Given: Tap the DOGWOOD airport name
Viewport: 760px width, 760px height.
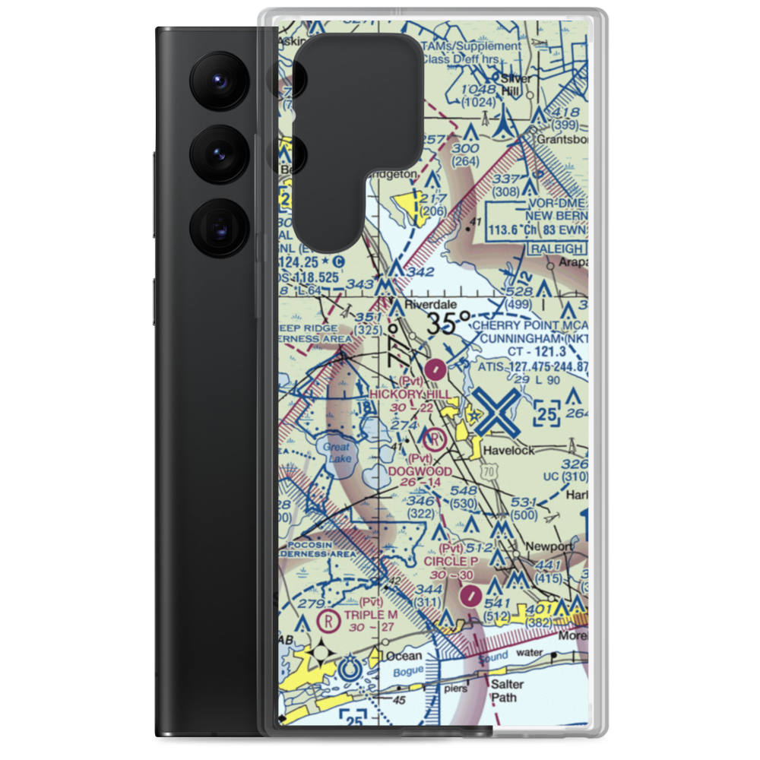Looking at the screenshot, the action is pyautogui.click(x=420, y=471).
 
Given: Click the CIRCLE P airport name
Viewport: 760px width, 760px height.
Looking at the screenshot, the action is pyautogui.click(x=451, y=561).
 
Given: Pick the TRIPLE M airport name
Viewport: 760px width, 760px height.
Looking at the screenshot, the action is pyautogui.click(x=370, y=615).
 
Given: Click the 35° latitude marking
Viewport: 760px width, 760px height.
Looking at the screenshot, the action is pyautogui.click(x=443, y=325).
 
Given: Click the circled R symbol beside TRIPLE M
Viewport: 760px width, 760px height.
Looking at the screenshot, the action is pyautogui.click(x=328, y=620).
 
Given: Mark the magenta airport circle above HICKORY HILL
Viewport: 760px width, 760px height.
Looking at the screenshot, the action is pyautogui.click(x=435, y=371).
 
